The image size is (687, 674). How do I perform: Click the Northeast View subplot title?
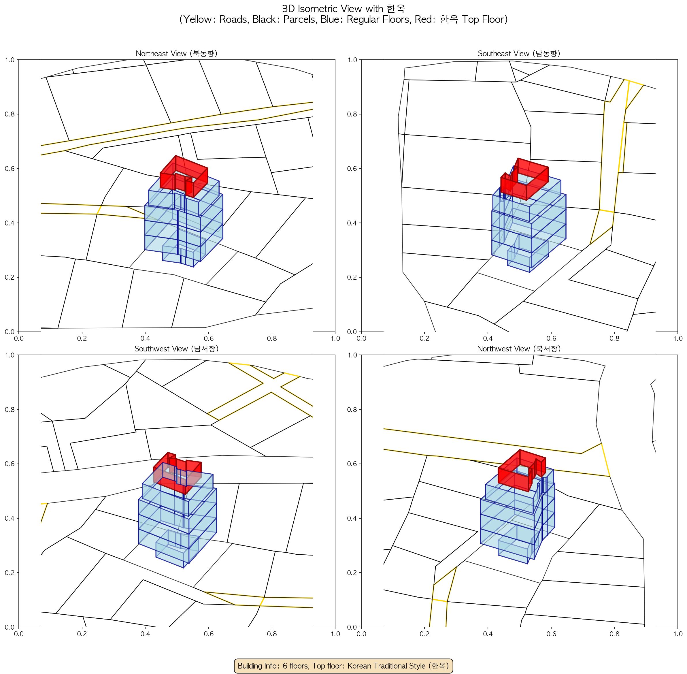177,53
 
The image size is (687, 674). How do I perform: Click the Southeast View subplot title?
519,53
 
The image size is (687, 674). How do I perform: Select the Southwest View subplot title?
177,349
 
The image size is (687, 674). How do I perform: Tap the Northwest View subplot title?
519,349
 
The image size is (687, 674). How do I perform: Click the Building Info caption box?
343,666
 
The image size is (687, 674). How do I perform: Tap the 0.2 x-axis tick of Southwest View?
82,634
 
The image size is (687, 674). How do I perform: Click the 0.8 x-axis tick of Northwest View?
614,634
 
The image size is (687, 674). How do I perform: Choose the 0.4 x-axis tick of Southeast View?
488,338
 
